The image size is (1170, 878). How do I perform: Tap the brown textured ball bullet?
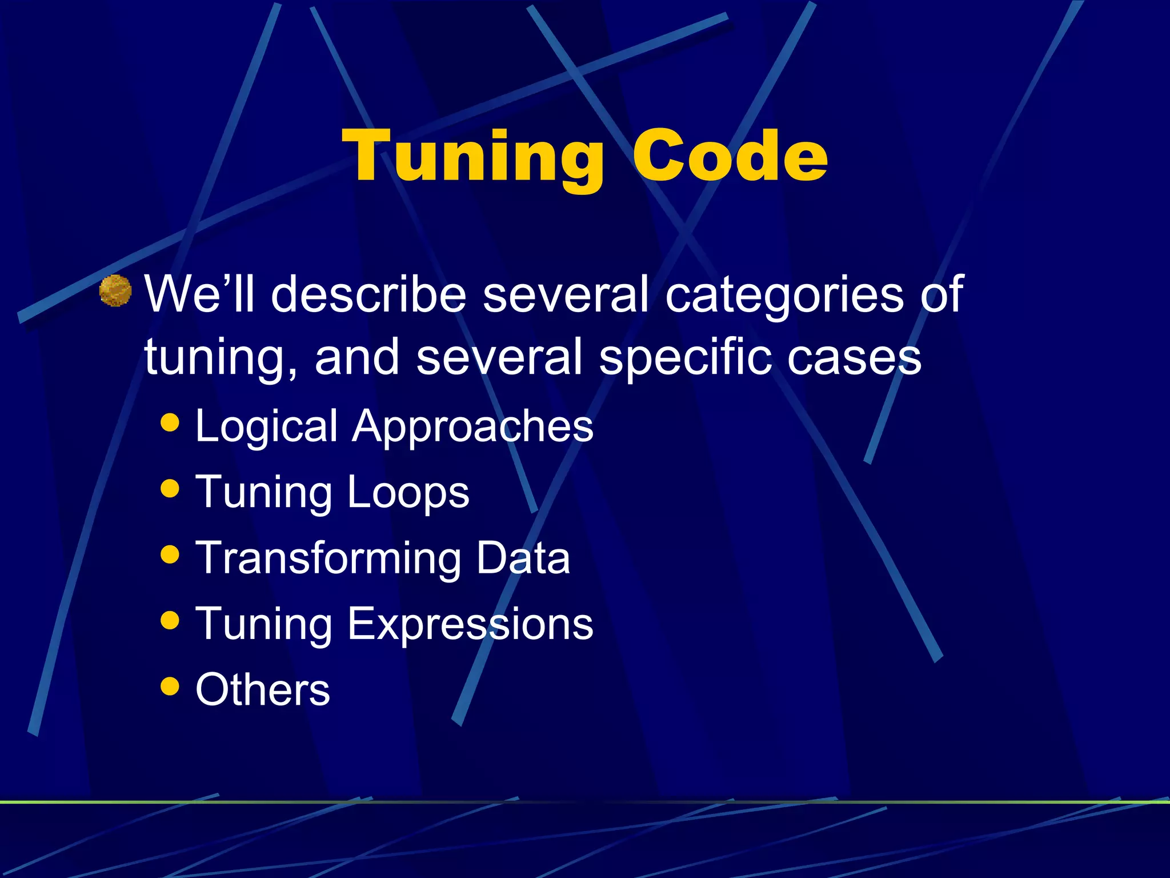115,291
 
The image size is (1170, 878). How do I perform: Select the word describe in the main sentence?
368,294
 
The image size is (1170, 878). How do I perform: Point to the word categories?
784,295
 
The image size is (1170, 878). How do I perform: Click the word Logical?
266,426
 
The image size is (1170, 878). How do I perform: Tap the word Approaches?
472,426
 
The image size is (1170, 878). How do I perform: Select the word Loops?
408,493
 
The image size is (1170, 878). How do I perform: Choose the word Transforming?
328,558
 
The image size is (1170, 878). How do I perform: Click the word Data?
523,558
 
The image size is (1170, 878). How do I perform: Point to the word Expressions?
470,624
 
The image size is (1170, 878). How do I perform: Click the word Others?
263,690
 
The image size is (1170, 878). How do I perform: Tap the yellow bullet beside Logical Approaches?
170,422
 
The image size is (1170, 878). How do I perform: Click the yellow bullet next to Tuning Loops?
170,488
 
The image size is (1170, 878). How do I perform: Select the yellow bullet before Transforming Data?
170,554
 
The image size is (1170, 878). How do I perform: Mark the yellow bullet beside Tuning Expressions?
170,620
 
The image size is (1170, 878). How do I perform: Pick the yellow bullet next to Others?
170,685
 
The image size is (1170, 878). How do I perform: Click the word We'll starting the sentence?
199,294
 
